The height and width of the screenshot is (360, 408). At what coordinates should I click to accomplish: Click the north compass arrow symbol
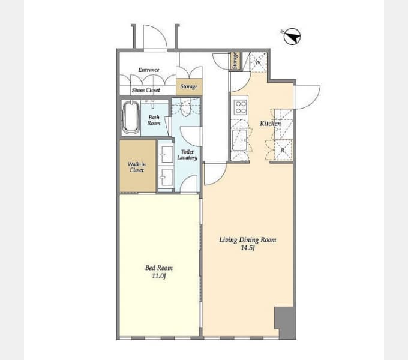pyautogui.click(x=292, y=37)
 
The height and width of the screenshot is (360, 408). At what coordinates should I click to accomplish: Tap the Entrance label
pyautogui.click(x=149, y=70)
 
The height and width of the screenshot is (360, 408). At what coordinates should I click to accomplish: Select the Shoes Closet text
pyautogui.click(x=146, y=90)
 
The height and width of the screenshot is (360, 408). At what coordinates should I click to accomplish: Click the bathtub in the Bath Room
pyautogui.click(x=131, y=118)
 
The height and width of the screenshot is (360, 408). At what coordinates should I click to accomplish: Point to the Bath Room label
pyautogui.click(x=154, y=120)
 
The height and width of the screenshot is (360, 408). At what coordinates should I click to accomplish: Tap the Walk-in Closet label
pyautogui.click(x=137, y=167)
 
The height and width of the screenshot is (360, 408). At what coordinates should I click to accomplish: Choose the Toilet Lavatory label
pyautogui.click(x=187, y=155)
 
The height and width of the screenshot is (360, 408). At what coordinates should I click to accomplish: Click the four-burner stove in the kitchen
pyautogui.click(x=240, y=107)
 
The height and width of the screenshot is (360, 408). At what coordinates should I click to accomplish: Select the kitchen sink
pyautogui.click(x=239, y=140)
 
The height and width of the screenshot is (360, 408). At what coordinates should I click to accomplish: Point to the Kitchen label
pyautogui.click(x=271, y=123)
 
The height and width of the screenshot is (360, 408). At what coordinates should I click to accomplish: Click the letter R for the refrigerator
pyautogui.click(x=283, y=150)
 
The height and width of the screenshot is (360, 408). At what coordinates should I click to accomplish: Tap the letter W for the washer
pyautogui.click(x=257, y=62)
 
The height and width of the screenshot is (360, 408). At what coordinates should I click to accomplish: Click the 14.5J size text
pyautogui.click(x=248, y=247)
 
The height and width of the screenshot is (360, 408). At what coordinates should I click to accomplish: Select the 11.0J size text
pyautogui.click(x=159, y=276)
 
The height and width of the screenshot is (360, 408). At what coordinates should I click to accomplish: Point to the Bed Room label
pyautogui.click(x=159, y=268)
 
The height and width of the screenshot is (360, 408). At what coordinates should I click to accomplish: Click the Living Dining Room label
pyautogui.click(x=248, y=239)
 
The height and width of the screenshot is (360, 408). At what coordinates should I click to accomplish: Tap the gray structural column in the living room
pyautogui.click(x=286, y=323)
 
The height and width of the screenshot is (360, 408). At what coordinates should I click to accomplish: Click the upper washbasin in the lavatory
pyautogui.click(x=166, y=154)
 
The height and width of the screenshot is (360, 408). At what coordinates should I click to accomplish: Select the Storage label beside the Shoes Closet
pyautogui.click(x=189, y=86)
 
